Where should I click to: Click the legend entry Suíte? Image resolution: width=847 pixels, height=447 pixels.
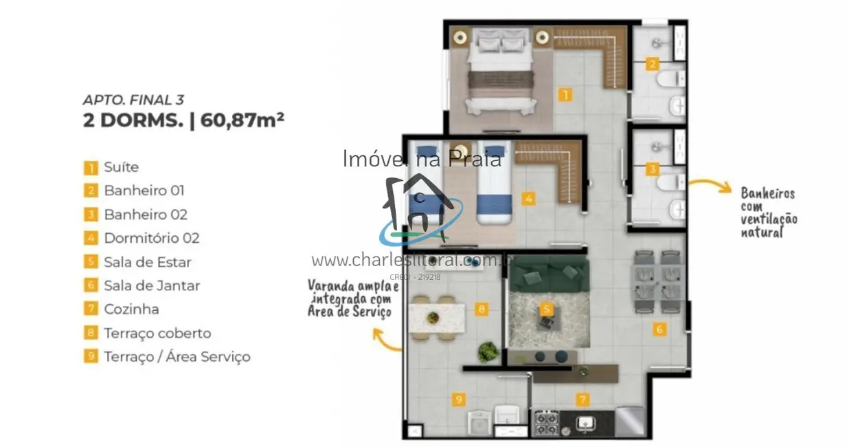coord(121,167)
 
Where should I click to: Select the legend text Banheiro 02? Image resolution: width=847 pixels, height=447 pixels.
coord(146,215)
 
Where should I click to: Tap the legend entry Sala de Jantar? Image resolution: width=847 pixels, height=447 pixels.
coord(152,285)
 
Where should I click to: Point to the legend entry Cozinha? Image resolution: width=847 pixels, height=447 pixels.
coord(131,309)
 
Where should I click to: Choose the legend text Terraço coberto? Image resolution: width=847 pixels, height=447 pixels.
coord(157,334)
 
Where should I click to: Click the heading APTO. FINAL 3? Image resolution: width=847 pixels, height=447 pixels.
coord(133,100)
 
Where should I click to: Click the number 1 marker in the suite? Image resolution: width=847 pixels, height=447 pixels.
coord(565,96)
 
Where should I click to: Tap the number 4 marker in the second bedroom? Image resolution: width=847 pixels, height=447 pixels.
coord(528,199)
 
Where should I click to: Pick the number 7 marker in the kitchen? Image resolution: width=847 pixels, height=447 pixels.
coord(582,399)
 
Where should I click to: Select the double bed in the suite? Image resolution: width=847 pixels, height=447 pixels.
coord(500,72)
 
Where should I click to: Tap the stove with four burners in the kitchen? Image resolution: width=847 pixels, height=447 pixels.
coord(547,422)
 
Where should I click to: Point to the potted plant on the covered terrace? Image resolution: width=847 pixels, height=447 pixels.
coord(488,351)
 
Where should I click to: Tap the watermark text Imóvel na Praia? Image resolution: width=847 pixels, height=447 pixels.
coord(422,159)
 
